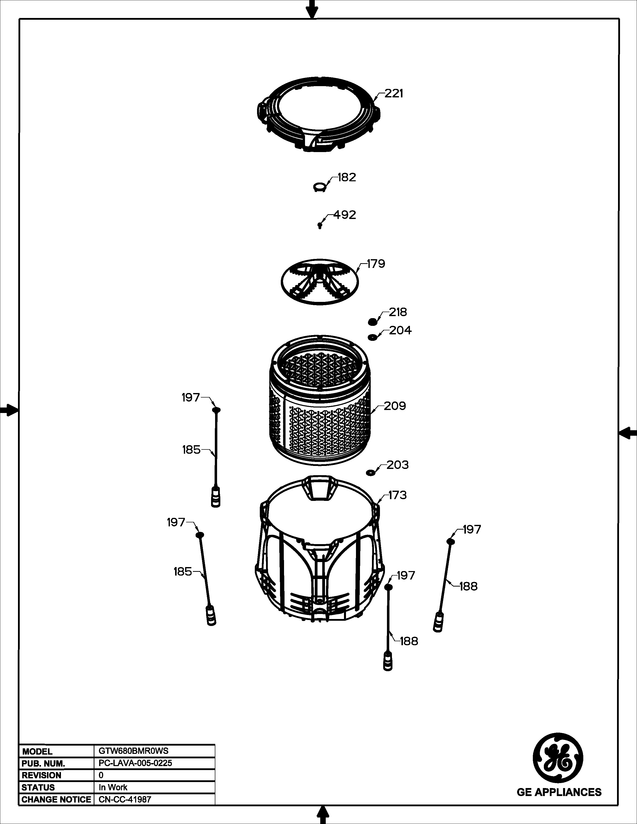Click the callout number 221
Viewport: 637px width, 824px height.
[394, 94]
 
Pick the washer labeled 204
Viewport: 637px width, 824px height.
[372, 337]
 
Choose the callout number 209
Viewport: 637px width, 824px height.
[395, 406]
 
